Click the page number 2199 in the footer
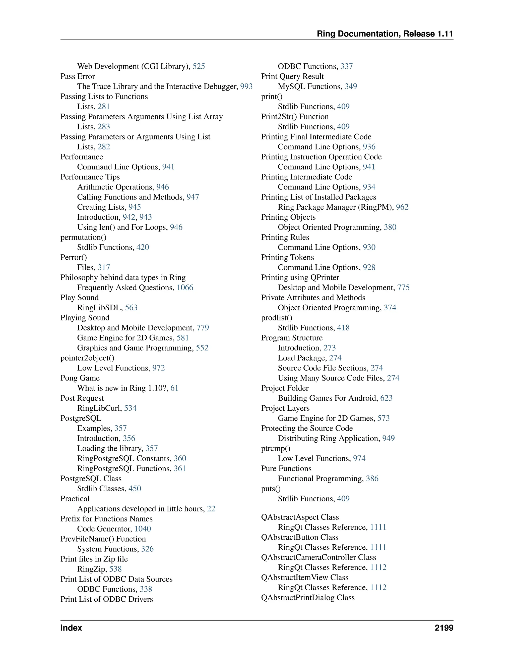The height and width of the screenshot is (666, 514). click(444, 628)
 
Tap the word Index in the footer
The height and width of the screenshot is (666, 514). click(71, 628)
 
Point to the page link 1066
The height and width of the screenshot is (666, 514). click(185, 287)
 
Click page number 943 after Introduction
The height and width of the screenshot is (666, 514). click(146, 217)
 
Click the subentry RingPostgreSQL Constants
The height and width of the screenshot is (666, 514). click(124, 458)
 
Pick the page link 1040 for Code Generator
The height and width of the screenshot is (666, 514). click(143, 529)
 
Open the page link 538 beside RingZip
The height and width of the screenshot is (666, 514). click(115, 569)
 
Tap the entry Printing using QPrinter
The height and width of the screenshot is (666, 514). click(300, 277)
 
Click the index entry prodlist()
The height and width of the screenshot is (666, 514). click(277, 317)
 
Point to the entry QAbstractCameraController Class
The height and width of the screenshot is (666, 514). click(318, 557)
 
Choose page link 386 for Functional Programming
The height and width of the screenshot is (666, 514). click(372, 479)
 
